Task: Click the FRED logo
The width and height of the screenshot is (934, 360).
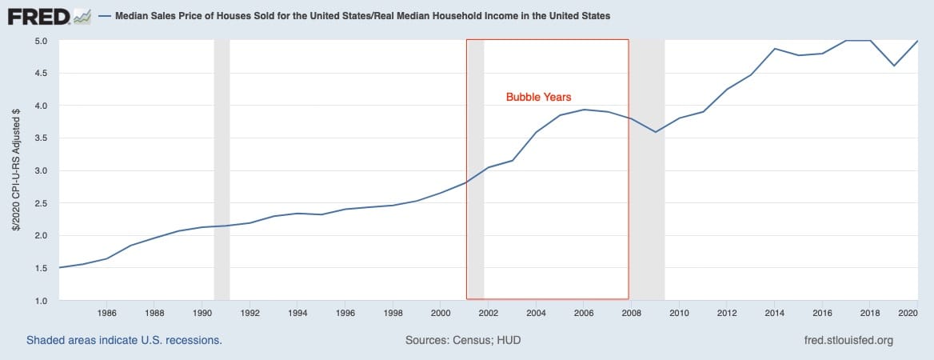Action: coord(49,15)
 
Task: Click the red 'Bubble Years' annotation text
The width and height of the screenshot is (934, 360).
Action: coord(538,97)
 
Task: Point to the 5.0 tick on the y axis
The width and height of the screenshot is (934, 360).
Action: coord(41,41)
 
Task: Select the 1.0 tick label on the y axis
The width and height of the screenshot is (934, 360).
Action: coord(41,301)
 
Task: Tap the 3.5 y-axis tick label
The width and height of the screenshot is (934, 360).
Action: coord(41,138)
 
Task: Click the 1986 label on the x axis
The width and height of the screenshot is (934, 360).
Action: coord(107,313)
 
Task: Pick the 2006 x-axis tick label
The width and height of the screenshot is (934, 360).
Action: coord(584,313)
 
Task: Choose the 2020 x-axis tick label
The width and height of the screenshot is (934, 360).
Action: coord(908,313)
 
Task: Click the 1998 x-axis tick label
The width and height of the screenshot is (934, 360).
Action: coord(393,313)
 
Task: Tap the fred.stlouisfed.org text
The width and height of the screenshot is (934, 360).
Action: coord(848,340)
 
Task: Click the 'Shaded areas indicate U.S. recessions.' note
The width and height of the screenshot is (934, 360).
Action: coord(124,340)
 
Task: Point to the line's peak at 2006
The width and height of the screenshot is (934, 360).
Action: coord(585,110)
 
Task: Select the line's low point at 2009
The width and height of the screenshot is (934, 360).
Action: coord(656,132)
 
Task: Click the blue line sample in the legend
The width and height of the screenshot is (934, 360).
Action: coord(104,16)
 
